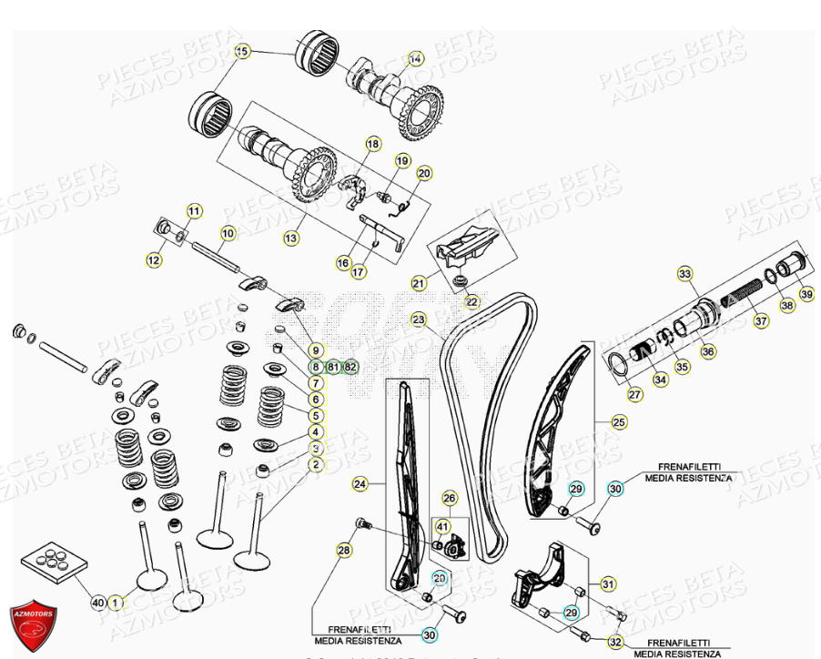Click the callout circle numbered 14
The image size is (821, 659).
[x=415, y=58]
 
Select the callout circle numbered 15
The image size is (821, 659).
[x=241, y=52]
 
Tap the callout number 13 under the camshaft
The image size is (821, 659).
[x=290, y=238]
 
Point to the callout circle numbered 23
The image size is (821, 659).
[x=418, y=319]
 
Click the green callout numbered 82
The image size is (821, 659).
[x=351, y=367]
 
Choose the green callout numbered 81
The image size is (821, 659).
[x=333, y=367]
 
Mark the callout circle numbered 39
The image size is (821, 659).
[x=806, y=294]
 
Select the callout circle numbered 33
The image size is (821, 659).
[x=684, y=273]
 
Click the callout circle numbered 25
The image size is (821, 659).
[x=619, y=422]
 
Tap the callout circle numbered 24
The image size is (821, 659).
[x=360, y=485]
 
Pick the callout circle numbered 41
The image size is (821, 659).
[x=442, y=526]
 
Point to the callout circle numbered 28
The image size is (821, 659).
[x=343, y=551]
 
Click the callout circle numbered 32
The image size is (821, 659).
[x=616, y=643]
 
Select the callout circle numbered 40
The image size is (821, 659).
[x=98, y=603]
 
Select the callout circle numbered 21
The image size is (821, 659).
[x=418, y=283]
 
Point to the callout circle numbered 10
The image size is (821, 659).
[x=228, y=234]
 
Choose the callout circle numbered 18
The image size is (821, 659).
[x=372, y=144]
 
